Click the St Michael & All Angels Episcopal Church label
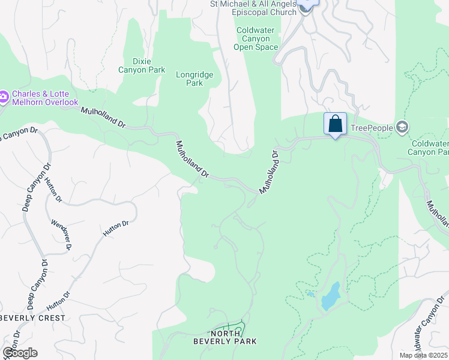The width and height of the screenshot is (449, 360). tap(253, 8)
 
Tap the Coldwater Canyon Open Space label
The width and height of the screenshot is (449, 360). tap(256, 38)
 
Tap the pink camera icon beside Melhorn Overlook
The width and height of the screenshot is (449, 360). tap(4, 96)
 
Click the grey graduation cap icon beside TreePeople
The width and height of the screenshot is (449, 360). tap(402, 127)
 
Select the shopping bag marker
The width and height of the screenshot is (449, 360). tap(335, 124)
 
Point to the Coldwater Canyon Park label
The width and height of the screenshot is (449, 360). tap(429, 148)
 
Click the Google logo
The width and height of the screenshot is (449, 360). tap(19, 353)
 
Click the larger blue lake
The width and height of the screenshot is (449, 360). tap(330, 296)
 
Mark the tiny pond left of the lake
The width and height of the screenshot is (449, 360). tap(310, 293)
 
